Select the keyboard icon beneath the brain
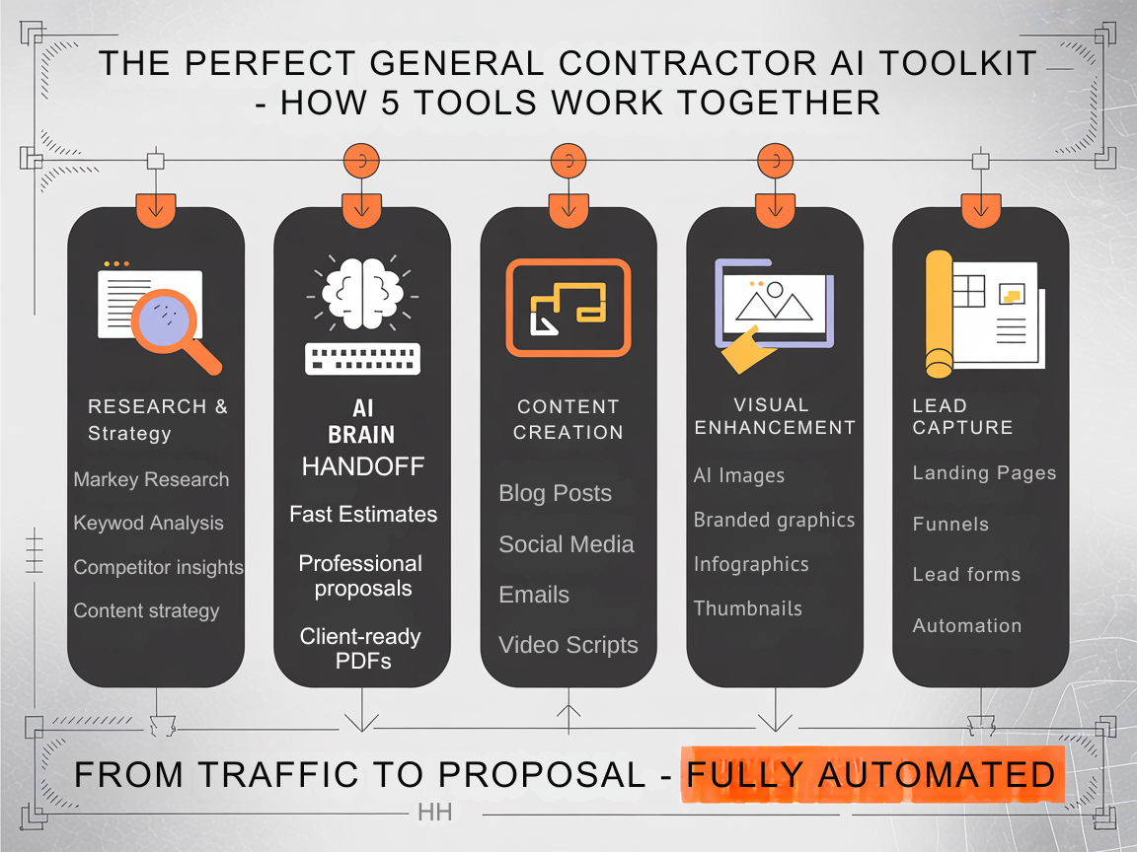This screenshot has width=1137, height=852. pyautogui.click(x=362, y=358)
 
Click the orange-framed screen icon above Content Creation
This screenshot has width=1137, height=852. pyautogui.click(x=568, y=307)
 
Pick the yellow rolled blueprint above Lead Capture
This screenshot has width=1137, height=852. pyautogui.click(x=940, y=315)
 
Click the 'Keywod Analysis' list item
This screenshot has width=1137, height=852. pyautogui.click(x=148, y=524)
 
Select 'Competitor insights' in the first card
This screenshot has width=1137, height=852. pyautogui.click(x=158, y=567)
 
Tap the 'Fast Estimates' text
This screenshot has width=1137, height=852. pyautogui.click(x=362, y=514)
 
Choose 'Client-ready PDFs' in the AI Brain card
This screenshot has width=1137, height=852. pyautogui.click(x=361, y=649)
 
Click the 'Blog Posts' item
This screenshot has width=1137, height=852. pyautogui.click(x=555, y=493)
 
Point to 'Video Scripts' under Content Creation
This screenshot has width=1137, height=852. pyautogui.click(x=568, y=646)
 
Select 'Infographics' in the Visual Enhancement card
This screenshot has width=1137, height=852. pyautogui.click(x=750, y=564)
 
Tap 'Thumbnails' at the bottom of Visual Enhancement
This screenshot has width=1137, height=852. pyautogui.click(x=747, y=608)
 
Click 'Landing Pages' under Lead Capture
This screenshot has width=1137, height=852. pyautogui.click(x=984, y=473)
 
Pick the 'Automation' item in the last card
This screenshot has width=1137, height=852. pyautogui.click(x=966, y=625)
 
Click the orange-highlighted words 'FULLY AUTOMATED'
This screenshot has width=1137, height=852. pyautogui.click(x=871, y=775)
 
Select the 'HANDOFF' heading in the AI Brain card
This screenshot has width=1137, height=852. pyautogui.click(x=362, y=466)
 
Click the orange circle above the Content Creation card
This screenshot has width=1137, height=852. pyautogui.click(x=568, y=160)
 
